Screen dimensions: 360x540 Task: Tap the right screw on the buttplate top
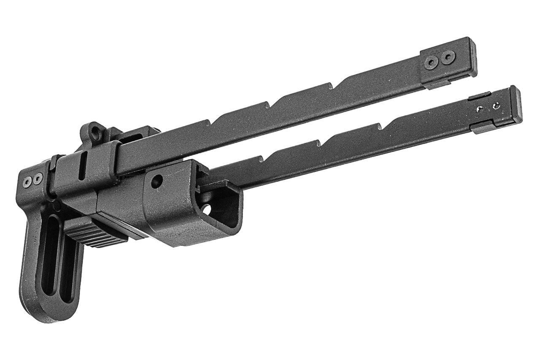point(38,179)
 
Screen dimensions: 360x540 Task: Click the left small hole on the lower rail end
point(480,109)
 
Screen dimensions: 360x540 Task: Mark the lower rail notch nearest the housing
point(259,159)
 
